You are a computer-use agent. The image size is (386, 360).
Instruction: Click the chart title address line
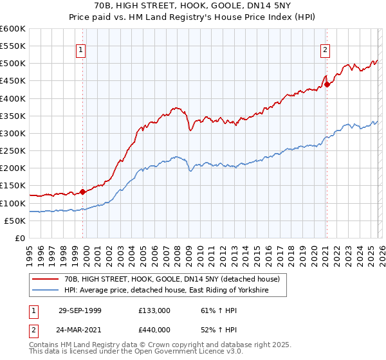click(192, 6)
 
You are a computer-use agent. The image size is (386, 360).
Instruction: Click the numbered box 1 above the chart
click(82, 50)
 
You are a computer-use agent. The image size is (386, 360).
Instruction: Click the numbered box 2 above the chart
click(326, 50)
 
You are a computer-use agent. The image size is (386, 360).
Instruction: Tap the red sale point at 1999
click(83, 192)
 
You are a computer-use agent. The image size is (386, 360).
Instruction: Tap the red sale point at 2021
click(327, 84)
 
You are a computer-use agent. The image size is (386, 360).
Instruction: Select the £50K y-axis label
click(15, 221)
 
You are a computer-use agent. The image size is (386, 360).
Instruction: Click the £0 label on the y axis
click(20, 239)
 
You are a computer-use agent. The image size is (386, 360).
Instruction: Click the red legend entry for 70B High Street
click(172, 280)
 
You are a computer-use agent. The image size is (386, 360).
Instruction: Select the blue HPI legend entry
click(165, 291)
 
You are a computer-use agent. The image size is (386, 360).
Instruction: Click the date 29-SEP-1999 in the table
click(80, 310)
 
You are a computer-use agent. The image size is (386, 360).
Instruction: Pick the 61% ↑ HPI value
click(217, 310)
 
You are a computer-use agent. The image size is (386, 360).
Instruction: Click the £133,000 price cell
click(154, 310)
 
